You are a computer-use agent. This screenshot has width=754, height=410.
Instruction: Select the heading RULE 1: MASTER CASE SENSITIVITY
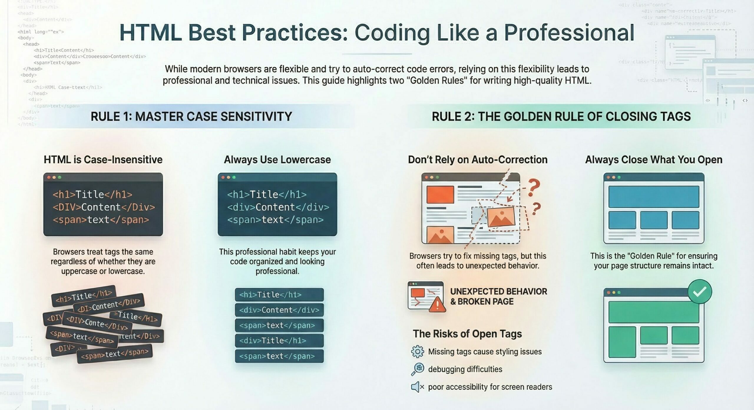pyautogui.click(x=191, y=117)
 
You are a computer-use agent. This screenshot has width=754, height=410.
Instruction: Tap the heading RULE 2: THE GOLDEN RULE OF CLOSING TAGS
pyautogui.click(x=561, y=117)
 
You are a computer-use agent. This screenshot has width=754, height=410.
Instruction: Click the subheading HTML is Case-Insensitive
pyautogui.click(x=103, y=160)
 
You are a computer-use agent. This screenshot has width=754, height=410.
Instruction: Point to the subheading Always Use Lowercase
pyautogui.click(x=277, y=160)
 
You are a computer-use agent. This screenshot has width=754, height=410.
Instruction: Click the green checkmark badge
pyautogui.click(x=700, y=291)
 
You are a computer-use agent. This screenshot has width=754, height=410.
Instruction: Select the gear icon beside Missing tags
pyautogui.click(x=417, y=352)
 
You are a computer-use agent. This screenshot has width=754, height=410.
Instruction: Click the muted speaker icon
pyautogui.click(x=417, y=387)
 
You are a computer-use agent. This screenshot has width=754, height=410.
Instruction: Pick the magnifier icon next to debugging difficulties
pyautogui.click(x=417, y=369)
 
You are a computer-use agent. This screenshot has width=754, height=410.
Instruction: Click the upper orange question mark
pyautogui.click(x=533, y=188)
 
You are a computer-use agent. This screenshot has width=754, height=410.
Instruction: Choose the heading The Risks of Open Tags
pyautogui.click(x=467, y=334)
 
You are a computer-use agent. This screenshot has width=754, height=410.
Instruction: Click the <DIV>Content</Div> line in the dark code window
pyautogui.click(x=104, y=207)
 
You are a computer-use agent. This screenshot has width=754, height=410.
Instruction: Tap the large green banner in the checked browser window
pyautogui.click(x=654, y=312)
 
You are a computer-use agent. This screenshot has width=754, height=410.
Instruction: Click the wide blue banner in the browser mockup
pyautogui.click(x=654, y=196)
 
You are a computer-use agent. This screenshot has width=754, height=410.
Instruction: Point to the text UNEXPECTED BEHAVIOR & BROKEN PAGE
pyautogui.click(x=498, y=296)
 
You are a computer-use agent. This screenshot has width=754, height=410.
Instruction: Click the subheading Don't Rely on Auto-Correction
pyautogui.click(x=477, y=160)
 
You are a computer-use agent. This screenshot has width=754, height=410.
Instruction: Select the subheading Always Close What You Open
pyautogui.click(x=654, y=160)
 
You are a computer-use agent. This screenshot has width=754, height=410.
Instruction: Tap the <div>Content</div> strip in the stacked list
pyautogui.click(x=279, y=310)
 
